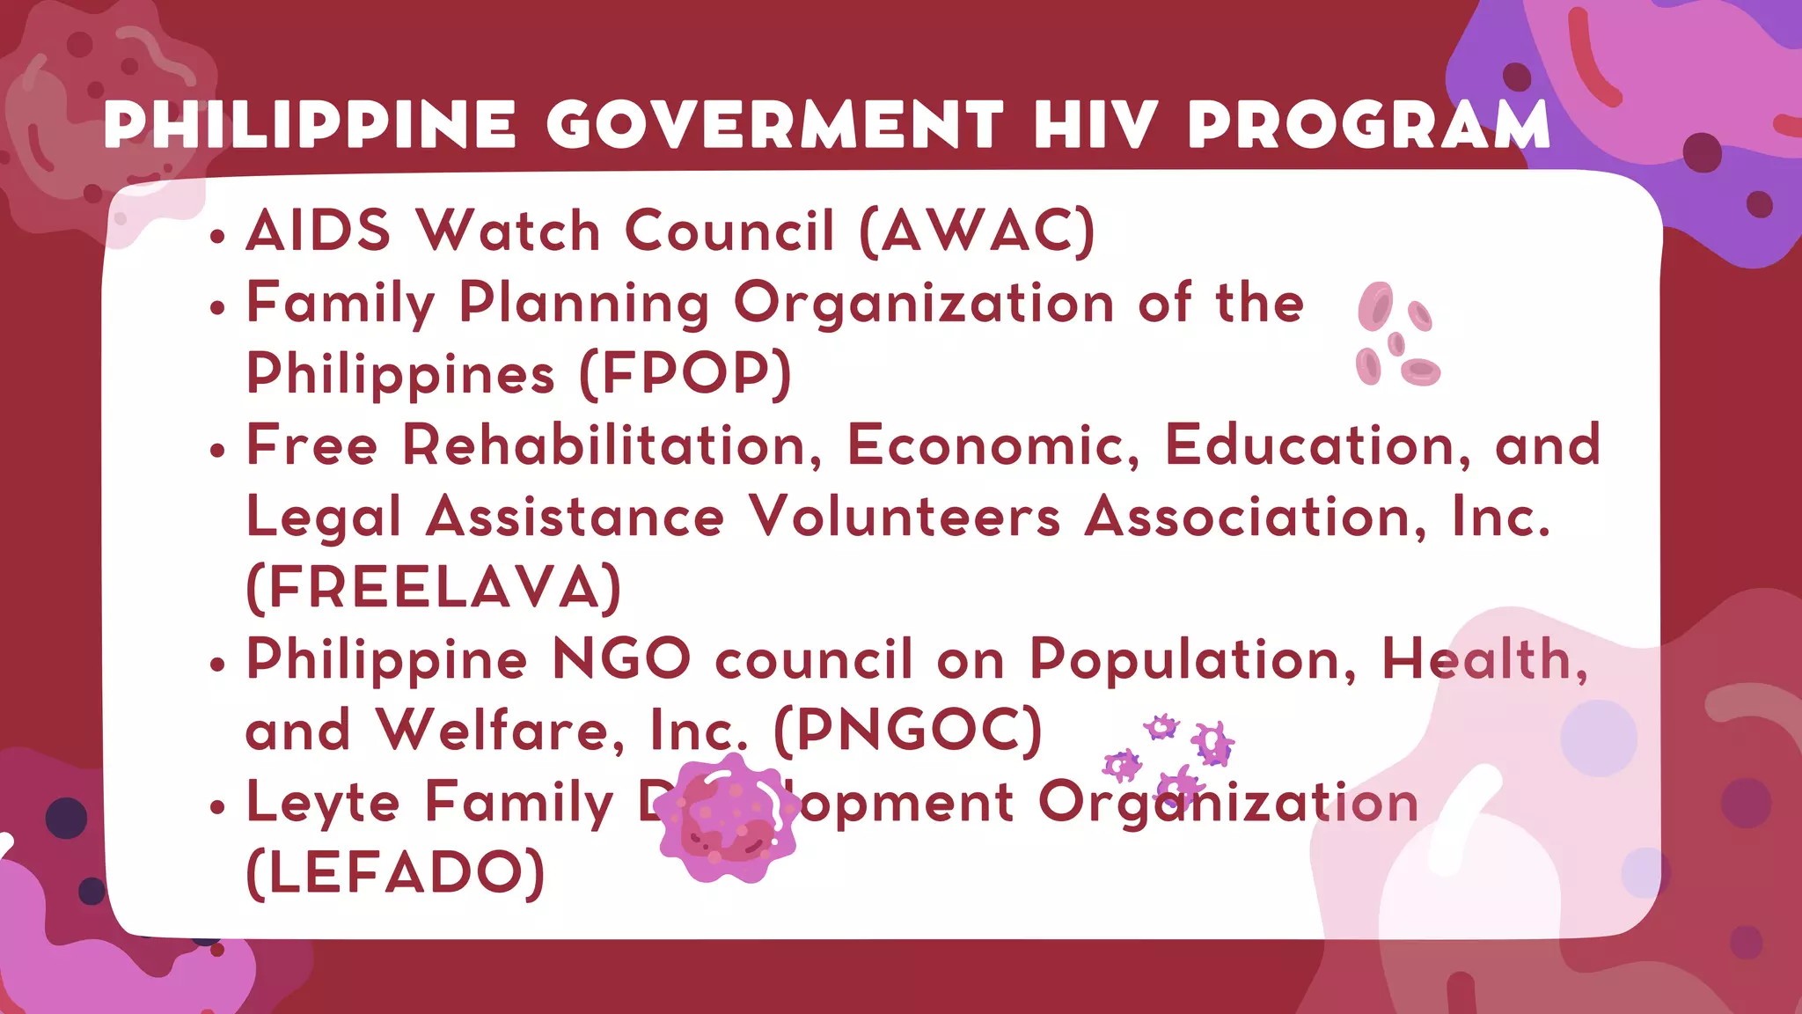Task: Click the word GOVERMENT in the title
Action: tap(774, 125)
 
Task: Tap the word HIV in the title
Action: tap(1095, 125)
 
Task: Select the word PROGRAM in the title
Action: tap(1368, 125)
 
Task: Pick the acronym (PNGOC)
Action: tap(907, 731)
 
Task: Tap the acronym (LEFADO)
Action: tap(396, 873)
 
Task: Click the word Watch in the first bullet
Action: tap(509, 231)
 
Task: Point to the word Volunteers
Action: tap(905, 517)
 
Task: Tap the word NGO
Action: tap(621, 659)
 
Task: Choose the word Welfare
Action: tap(500, 731)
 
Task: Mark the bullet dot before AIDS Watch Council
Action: tap(218, 236)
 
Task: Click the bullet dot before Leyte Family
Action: tap(218, 807)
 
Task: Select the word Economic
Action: tap(993, 445)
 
